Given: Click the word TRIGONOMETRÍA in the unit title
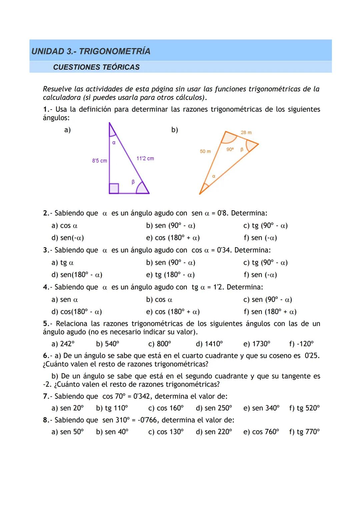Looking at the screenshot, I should (115, 51).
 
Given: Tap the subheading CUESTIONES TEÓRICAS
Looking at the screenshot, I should (96, 67).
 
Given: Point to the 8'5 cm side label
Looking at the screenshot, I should (100, 161).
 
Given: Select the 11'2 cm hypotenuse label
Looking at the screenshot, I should (145, 159).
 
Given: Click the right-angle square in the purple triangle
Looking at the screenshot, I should (114, 189).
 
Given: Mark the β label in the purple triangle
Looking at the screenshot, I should (133, 182).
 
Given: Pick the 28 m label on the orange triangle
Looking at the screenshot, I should (246, 133).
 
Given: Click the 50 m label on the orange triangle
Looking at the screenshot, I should (205, 152).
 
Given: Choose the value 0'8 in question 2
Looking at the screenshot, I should (222, 213).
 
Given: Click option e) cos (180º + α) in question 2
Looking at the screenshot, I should (173, 238).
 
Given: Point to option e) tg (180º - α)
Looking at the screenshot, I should (170, 275).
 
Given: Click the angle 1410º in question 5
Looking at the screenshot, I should (209, 344).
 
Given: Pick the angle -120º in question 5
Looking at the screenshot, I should (301, 344).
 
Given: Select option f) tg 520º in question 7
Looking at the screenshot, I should (304, 408).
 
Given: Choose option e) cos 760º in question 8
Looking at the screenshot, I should (261, 432).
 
